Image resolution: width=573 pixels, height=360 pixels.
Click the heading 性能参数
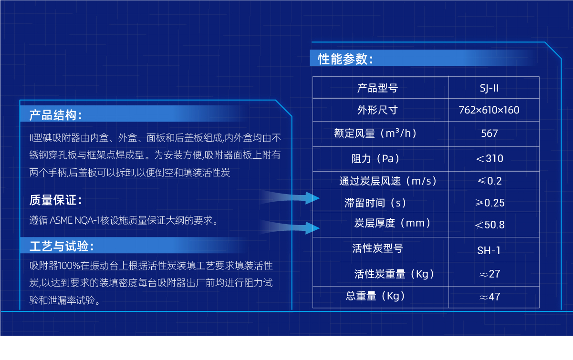pos(345,59)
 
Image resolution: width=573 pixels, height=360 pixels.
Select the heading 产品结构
pos(55,115)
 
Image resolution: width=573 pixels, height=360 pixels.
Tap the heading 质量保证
pos(55,201)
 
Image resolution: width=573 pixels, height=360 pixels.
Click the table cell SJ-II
pos(489,88)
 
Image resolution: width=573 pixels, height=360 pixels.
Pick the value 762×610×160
pos(489,110)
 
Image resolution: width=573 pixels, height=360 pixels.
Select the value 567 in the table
pos(490,134)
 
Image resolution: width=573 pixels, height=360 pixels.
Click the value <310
pos(490,158)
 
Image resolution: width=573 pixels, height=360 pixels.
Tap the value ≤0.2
pos(490,181)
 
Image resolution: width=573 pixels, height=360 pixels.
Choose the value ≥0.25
pos(490,203)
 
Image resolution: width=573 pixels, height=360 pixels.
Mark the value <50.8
pos(490,225)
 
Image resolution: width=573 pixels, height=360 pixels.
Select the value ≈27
pos(490,274)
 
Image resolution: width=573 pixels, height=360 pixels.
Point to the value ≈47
pos(490,297)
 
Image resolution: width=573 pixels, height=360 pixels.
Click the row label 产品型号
pos(377,88)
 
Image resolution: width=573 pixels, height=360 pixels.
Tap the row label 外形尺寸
pos(377,110)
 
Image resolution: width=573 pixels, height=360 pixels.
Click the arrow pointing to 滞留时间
pos(291,197)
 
